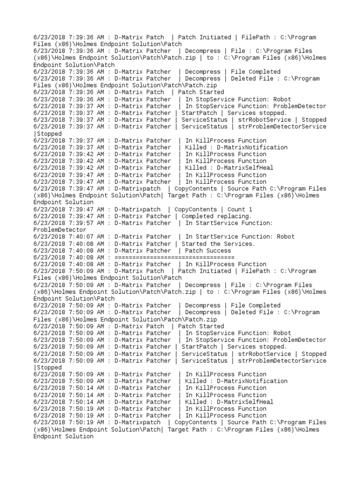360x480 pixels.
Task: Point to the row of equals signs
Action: pos(174,257)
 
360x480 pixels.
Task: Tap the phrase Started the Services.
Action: pos(218,244)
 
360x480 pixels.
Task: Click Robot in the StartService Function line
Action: pos(285,237)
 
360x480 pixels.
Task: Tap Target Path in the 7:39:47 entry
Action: pos(187,195)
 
